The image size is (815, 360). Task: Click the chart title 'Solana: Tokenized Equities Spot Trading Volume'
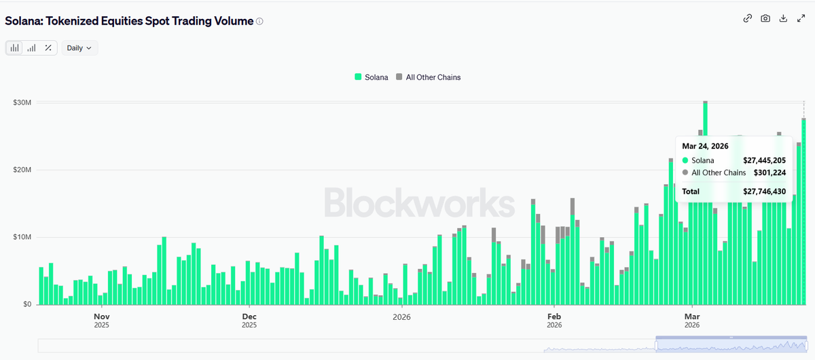point(129,21)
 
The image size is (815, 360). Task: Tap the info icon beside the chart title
point(259,21)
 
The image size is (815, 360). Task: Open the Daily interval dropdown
point(79,48)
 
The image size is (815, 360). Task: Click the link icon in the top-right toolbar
point(748,18)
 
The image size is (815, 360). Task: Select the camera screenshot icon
point(765,18)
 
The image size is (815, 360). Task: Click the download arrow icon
point(783,18)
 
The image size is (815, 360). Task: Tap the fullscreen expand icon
point(800,18)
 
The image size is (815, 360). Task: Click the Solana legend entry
point(372,77)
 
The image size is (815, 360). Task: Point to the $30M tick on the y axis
point(22,103)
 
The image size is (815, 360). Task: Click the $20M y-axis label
point(22,170)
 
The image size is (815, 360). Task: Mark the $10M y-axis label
point(22,237)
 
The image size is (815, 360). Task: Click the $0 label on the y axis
point(25,304)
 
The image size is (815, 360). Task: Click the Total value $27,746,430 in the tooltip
point(764,192)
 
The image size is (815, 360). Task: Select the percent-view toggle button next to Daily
point(48,48)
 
